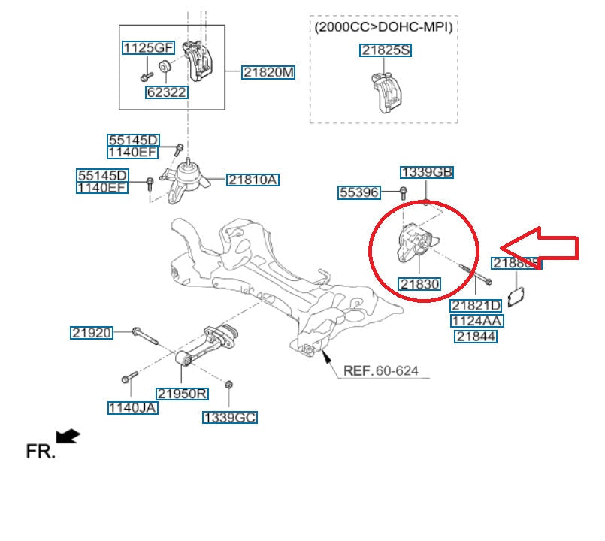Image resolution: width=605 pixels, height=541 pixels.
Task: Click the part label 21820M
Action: point(268,72)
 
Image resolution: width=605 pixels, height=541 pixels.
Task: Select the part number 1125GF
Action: point(148,48)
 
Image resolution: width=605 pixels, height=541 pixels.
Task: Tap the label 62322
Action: point(166,92)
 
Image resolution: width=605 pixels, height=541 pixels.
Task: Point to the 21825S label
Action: point(386,50)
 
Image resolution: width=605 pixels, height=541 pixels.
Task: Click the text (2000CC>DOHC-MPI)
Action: point(383,26)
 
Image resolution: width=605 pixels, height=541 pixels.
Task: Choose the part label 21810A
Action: point(253,180)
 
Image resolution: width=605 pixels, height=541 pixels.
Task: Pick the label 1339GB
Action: point(426,172)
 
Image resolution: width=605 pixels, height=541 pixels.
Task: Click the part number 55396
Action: point(359,192)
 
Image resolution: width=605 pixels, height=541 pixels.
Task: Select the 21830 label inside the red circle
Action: point(419,284)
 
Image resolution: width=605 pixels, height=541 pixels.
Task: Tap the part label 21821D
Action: point(476,305)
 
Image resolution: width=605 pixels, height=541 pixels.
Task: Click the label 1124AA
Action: point(476,321)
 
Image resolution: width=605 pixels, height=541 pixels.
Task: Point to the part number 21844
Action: point(476,337)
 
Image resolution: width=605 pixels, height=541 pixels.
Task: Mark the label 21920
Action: point(92,332)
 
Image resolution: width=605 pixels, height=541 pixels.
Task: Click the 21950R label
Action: point(182,393)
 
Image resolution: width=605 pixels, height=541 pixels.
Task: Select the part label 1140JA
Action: point(132,408)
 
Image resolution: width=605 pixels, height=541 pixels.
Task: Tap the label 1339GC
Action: point(230,416)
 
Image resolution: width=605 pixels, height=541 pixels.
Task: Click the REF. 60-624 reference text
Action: point(381,370)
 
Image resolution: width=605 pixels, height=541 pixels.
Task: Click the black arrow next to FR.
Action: point(68,436)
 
